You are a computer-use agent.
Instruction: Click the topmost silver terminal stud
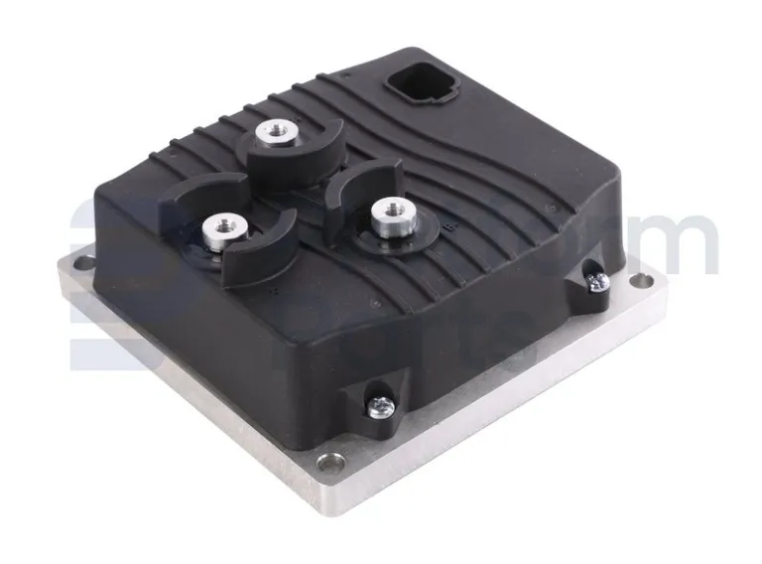pyautogui.click(x=274, y=133)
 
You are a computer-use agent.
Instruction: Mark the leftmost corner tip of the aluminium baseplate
pyautogui.click(x=62, y=260)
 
